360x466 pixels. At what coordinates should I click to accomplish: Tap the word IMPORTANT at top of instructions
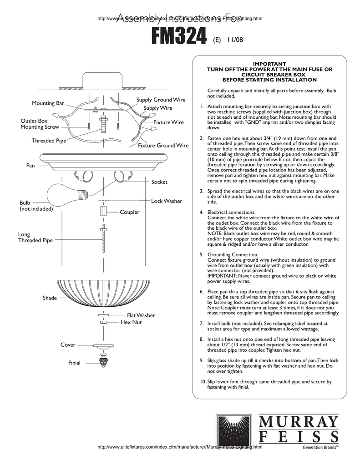(269, 64)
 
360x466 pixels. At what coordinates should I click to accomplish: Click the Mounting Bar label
(48, 103)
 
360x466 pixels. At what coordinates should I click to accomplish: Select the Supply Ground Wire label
(161, 100)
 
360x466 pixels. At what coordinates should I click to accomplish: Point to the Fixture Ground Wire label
(163, 146)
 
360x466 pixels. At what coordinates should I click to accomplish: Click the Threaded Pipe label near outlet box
(49, 141)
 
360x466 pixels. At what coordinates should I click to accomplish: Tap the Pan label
(30, 166)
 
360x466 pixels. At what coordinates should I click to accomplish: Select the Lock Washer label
(167, 201)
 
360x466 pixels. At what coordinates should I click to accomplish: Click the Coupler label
(130, 212)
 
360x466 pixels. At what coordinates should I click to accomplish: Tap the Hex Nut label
(131, 322)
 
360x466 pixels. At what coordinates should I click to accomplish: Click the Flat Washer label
(141, 315)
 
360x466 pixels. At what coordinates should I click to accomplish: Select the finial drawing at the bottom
(104, 362)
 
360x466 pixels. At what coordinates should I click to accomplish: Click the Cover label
(68, 345)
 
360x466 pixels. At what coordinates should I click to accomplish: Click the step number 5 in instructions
(202, 254)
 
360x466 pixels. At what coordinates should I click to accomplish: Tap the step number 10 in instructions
(203, 382)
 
